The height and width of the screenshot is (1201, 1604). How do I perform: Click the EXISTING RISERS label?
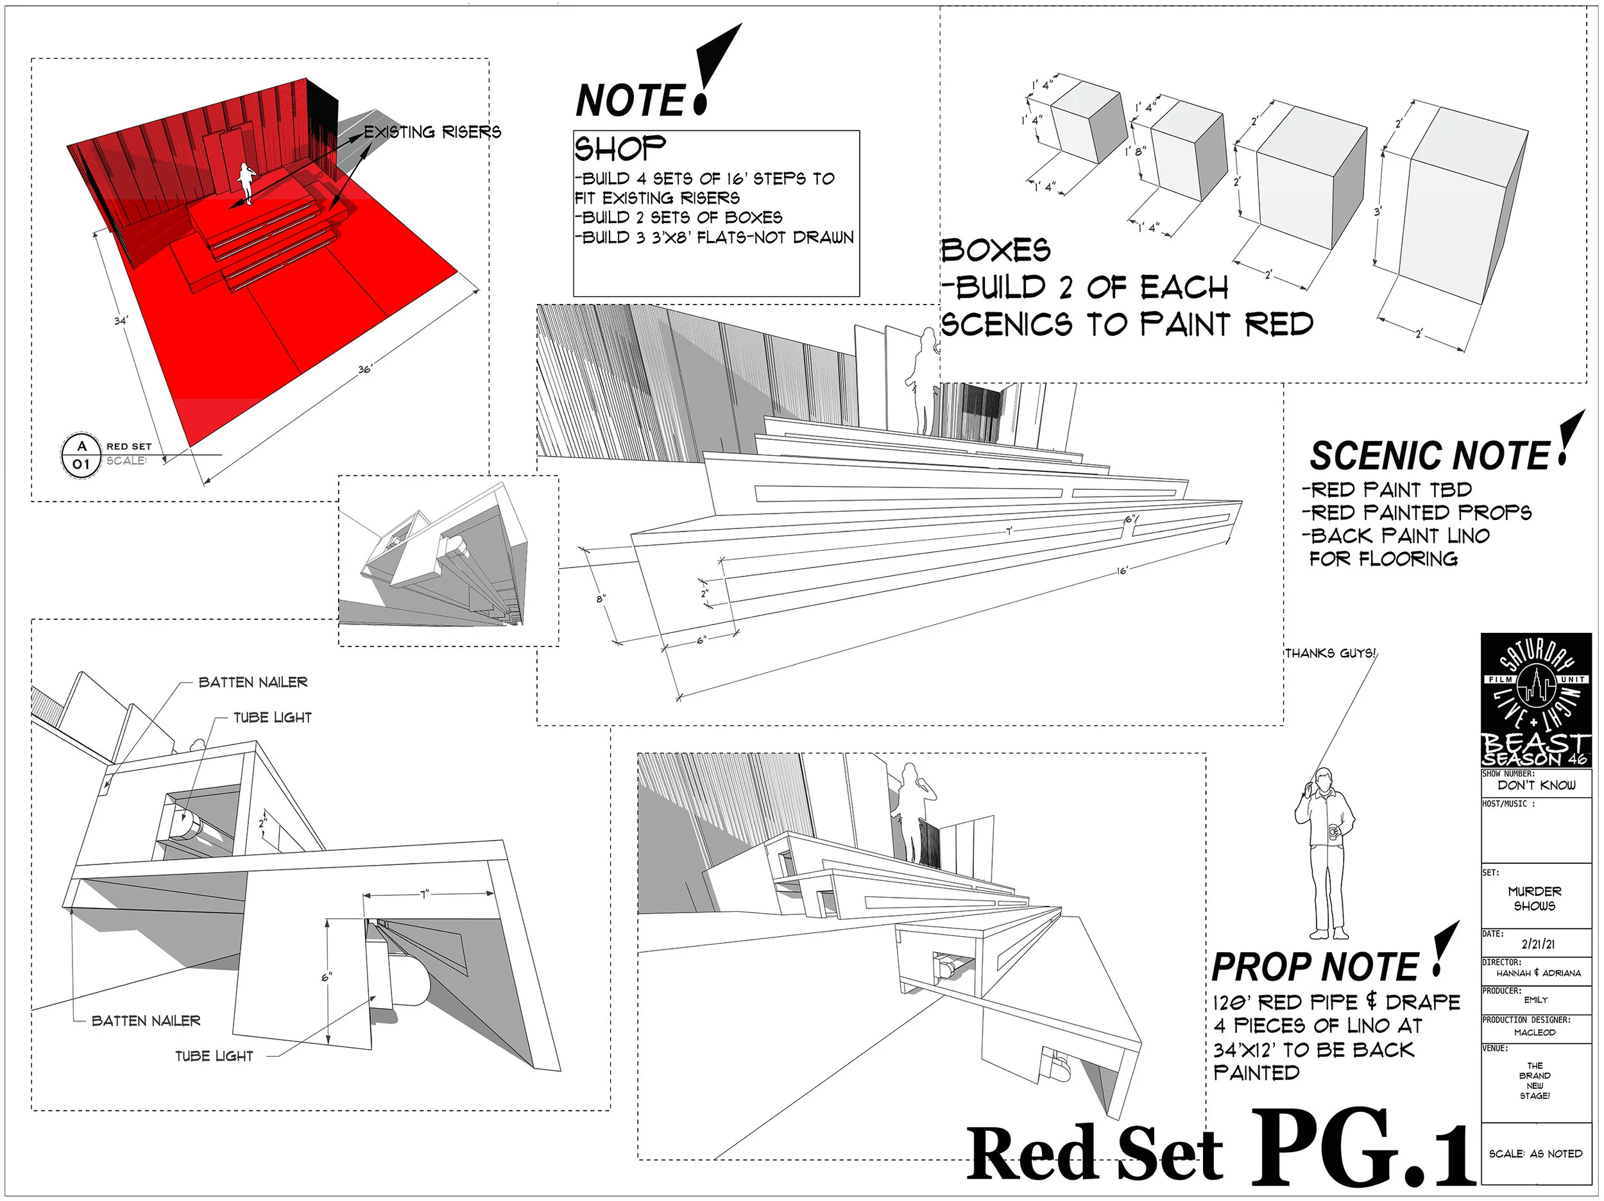point(432,132)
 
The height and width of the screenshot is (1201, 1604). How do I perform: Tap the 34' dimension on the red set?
point(121,319)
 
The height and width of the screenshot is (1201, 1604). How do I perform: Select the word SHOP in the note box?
point(620,149)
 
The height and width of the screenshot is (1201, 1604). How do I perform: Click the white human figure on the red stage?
point(246,183)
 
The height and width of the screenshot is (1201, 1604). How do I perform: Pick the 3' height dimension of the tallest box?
point(1377,212)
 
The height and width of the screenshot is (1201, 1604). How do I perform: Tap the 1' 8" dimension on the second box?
point(1135,151)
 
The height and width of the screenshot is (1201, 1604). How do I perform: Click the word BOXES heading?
point(996,250)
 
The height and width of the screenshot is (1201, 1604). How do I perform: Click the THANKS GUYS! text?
point(1330,653)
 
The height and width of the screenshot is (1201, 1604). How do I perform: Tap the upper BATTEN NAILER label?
point(253,682)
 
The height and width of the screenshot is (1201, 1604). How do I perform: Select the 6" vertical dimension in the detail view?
point(327,977)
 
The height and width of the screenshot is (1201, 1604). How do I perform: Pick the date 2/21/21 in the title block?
point(1537,944)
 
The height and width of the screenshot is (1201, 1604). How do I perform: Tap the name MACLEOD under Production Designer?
point(1535,1032)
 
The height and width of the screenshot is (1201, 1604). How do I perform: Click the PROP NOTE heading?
point(1315,967)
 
